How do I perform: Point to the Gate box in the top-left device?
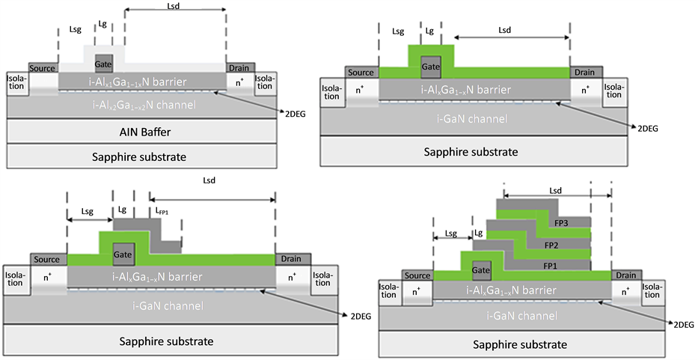(104, 64)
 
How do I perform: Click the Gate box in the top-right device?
(430, 67)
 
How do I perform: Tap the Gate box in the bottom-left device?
(123, 255)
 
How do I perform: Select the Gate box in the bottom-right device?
(481, 269)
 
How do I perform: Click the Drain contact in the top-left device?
(239, 68)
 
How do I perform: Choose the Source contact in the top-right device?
(361, 72)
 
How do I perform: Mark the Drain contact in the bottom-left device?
(291, 259)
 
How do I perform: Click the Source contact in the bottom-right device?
(417, 275)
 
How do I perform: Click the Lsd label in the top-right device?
(506, 31)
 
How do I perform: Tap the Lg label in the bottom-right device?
(478, 234)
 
